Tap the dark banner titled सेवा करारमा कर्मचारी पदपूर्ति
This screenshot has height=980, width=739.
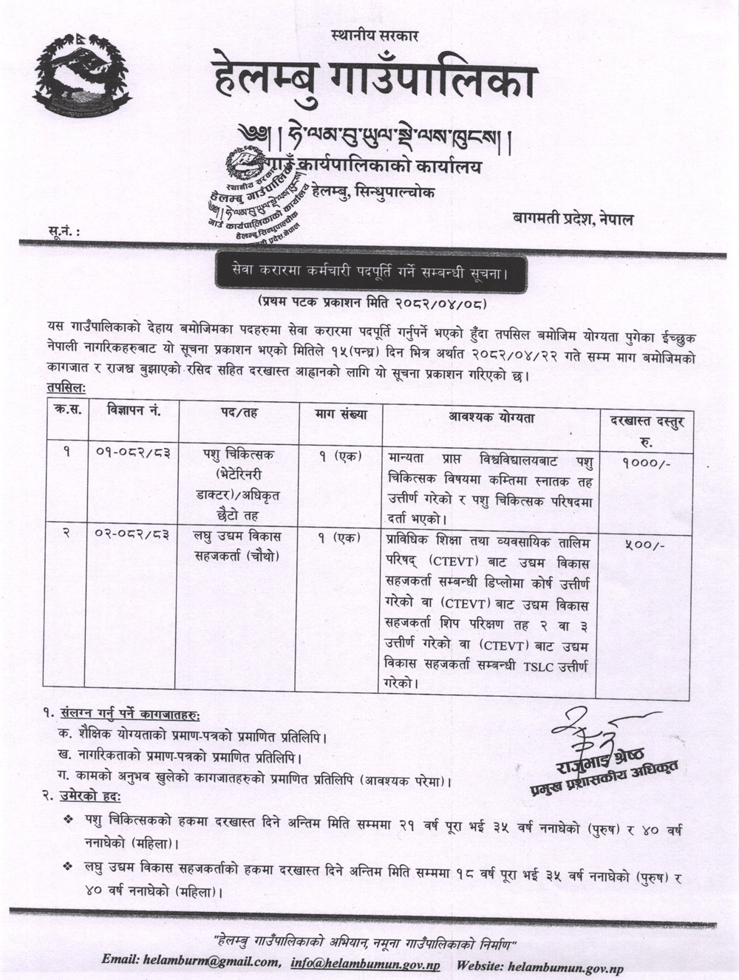[370, 273]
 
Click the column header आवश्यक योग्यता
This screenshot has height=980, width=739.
[491, 418]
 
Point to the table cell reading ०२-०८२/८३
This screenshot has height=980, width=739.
[129, 534]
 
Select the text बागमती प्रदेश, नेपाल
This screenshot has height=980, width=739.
[573, 219]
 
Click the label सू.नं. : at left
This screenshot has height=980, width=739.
[63, 233]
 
